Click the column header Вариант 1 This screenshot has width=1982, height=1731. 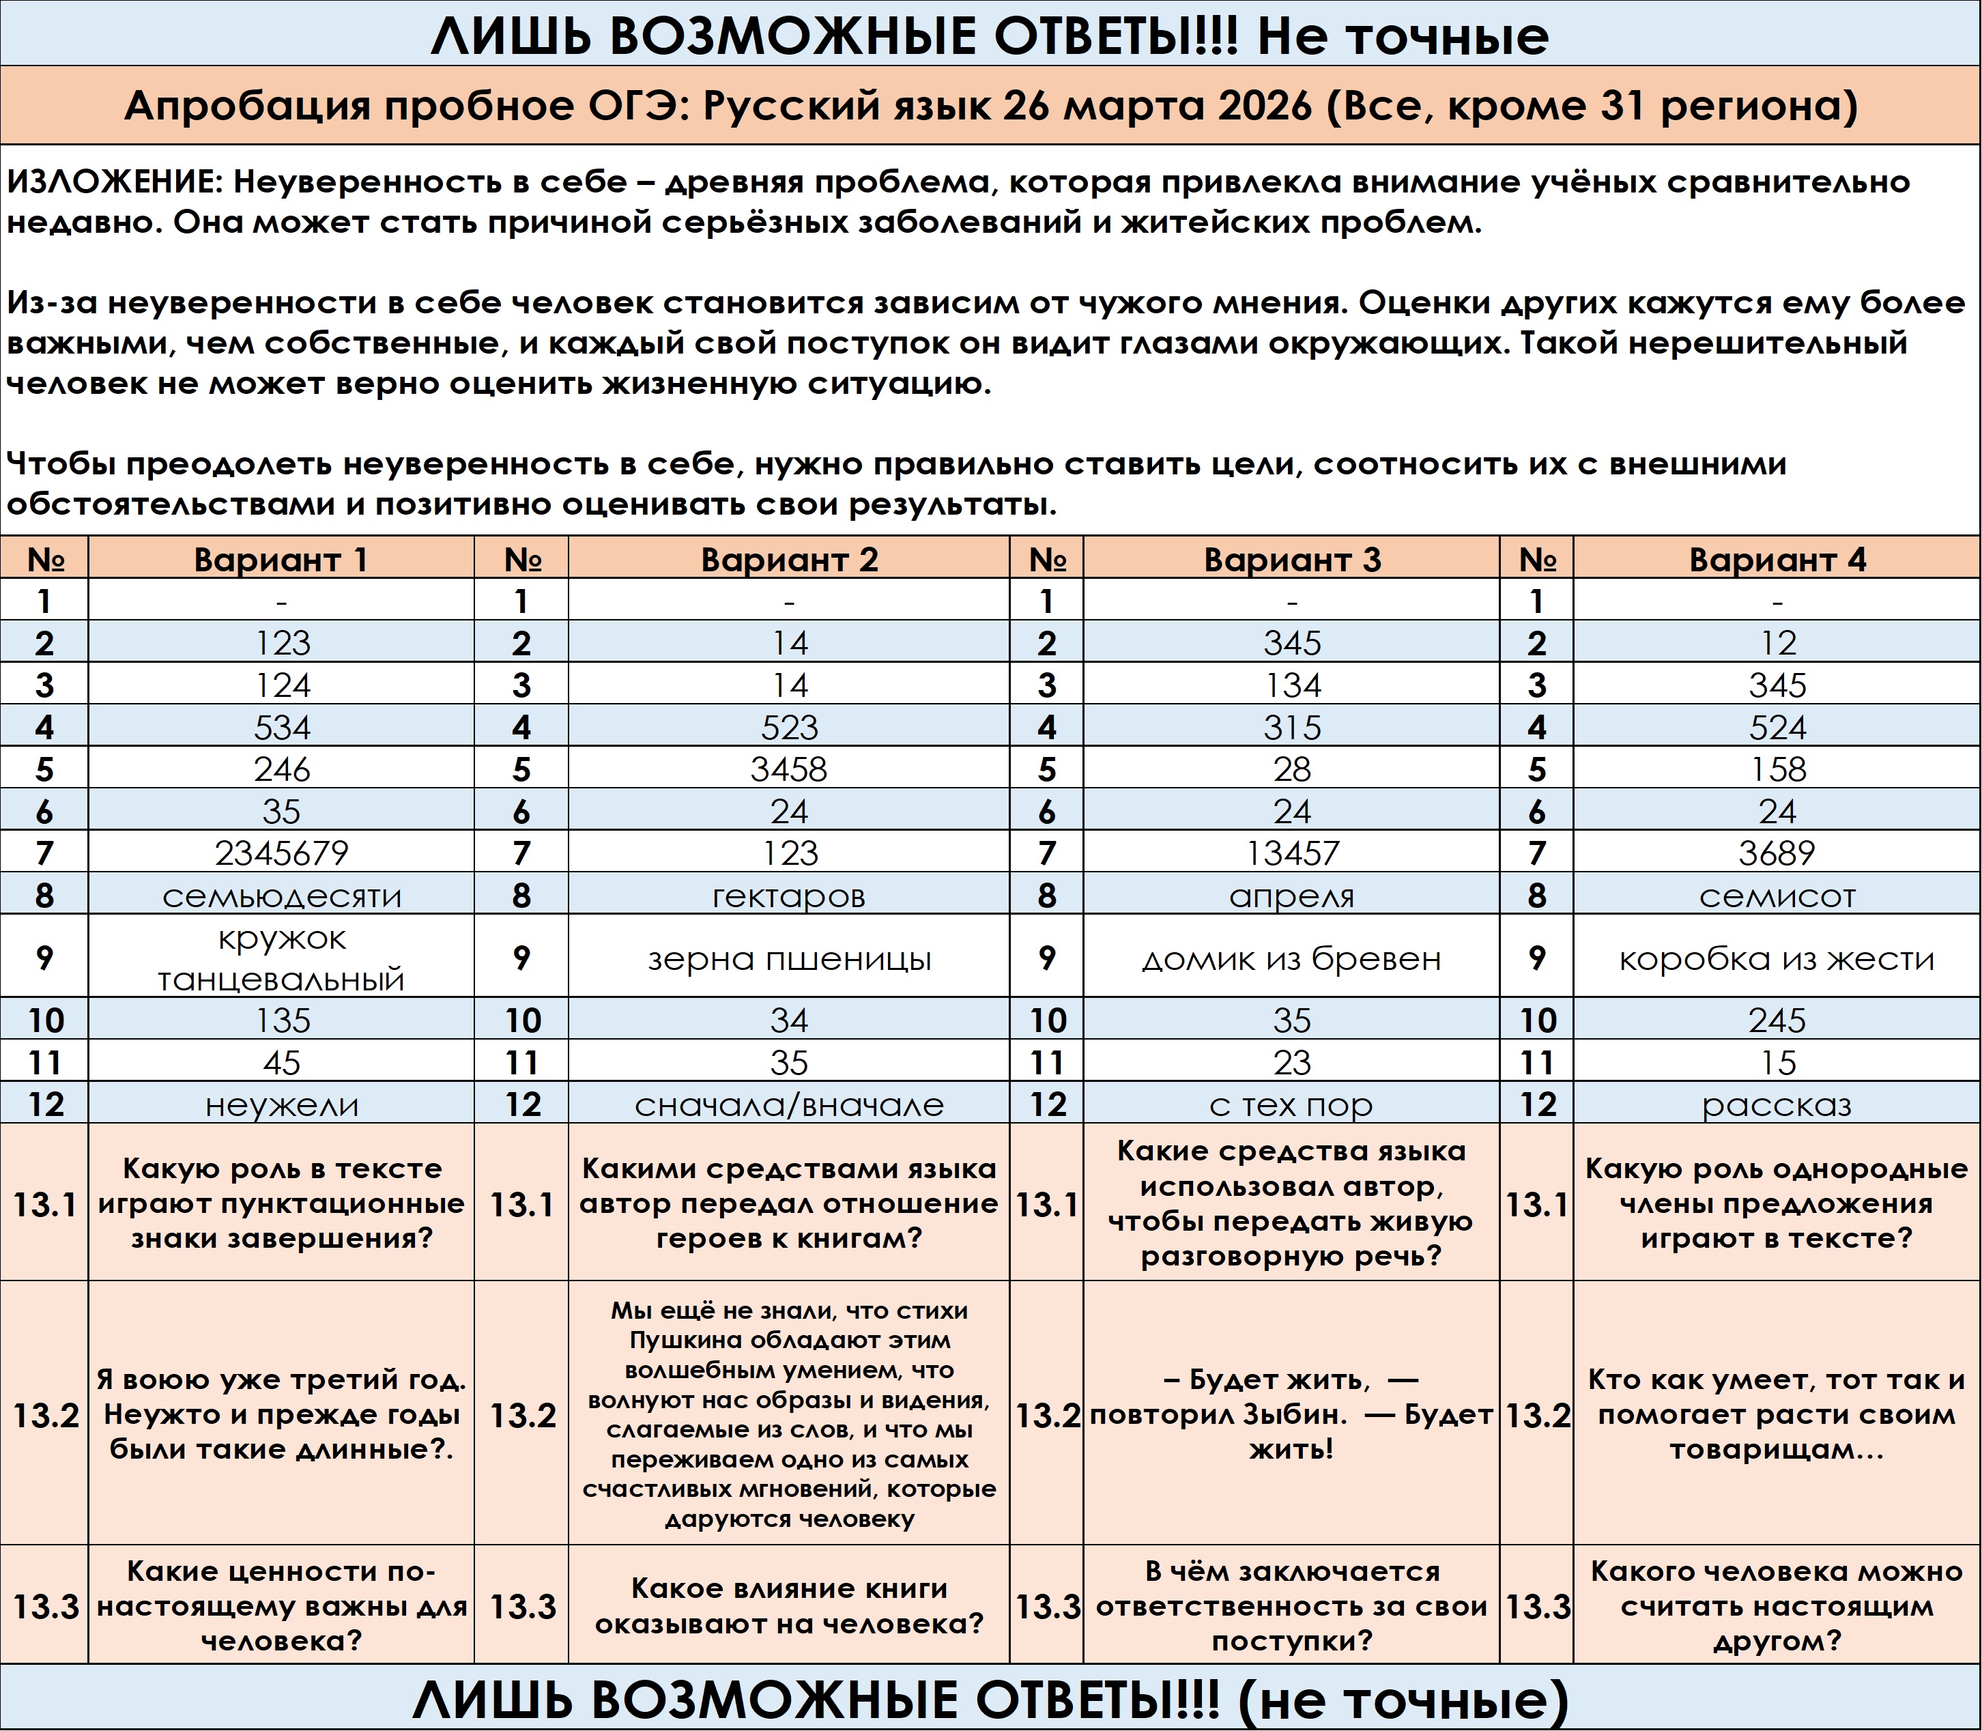[x=281, y=559]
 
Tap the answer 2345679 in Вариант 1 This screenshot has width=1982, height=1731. [x=281, y=853]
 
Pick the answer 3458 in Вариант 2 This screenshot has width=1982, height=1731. [x=789, y=769]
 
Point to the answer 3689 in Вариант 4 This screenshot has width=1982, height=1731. [x=1777, y=853]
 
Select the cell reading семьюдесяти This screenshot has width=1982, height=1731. [x=281, y=896]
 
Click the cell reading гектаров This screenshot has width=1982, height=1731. [x=789, y=896]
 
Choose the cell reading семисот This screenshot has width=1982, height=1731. [x=1777, y=896]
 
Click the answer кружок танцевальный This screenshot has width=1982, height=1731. [x=281, y=958]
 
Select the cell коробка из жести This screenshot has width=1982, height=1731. [x=1777, y=958]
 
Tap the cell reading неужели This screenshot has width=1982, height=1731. [x=281, y=1104]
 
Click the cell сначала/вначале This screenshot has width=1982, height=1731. [x=789, y=1104]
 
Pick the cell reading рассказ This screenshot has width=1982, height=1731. [x=1777, y=1104]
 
